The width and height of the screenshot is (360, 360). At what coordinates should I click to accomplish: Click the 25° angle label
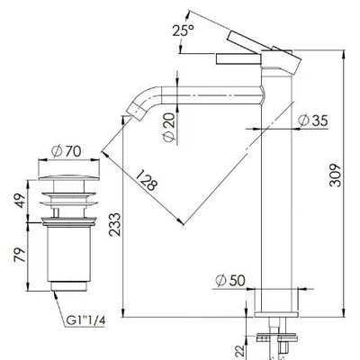(183, 31)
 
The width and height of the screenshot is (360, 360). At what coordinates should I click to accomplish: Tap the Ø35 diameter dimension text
(313, 121)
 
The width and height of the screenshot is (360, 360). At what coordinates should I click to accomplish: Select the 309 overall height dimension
(335, 175)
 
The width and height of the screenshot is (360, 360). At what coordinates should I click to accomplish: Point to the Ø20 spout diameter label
(168, 127)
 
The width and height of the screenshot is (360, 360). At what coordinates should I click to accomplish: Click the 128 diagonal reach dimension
(146, 180)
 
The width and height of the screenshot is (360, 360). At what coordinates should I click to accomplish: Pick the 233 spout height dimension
(114, 224)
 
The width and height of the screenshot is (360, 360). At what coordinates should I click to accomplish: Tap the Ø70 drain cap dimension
(67, 151)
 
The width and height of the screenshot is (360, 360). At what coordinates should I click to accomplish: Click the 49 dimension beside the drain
(20, 201)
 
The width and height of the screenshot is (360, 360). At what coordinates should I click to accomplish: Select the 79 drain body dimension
(20, 255)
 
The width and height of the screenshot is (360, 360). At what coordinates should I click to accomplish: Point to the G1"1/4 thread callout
(85, 320)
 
